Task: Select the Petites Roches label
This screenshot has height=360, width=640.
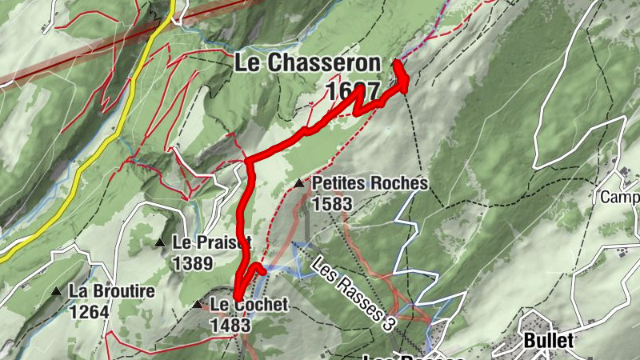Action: pyautogui.click(x=370, y=184)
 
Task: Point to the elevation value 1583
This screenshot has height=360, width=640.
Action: pyautogui.click(x=332, y=203)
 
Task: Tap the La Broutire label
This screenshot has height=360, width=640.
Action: pyautogui.click(x=111, y=291)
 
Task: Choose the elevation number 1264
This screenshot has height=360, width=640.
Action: pyautogui.click(x=89, y=311)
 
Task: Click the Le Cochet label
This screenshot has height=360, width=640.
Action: pyautogui.click(x=248, y=304)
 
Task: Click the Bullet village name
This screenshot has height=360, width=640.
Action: pyautogui.click(x=549, y=340)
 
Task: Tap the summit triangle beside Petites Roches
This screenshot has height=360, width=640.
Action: pyautogui.click(x=300, y=184)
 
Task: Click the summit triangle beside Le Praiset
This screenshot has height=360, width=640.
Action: pyautogui.click(x=160, y=242)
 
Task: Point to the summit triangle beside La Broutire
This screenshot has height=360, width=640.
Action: pyautogui.click(x=56, y=291)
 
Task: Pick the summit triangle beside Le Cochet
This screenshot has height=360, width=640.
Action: pyautogui.click(x=198, y=304)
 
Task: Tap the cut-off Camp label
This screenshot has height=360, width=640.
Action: pyautogui.click(x=620, y=198)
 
